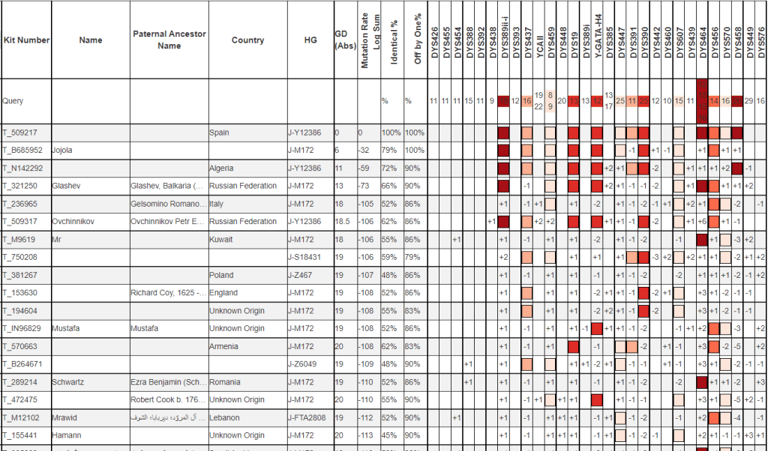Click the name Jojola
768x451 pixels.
tap(62, 151)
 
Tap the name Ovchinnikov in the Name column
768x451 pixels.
tap(76, 222)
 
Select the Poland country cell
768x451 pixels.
tap(221, 275)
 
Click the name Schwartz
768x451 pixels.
tap(69, 382)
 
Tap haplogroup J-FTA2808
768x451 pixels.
tap(309, 417)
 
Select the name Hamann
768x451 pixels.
tap(66, 435)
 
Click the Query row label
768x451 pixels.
tap(13, 100)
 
